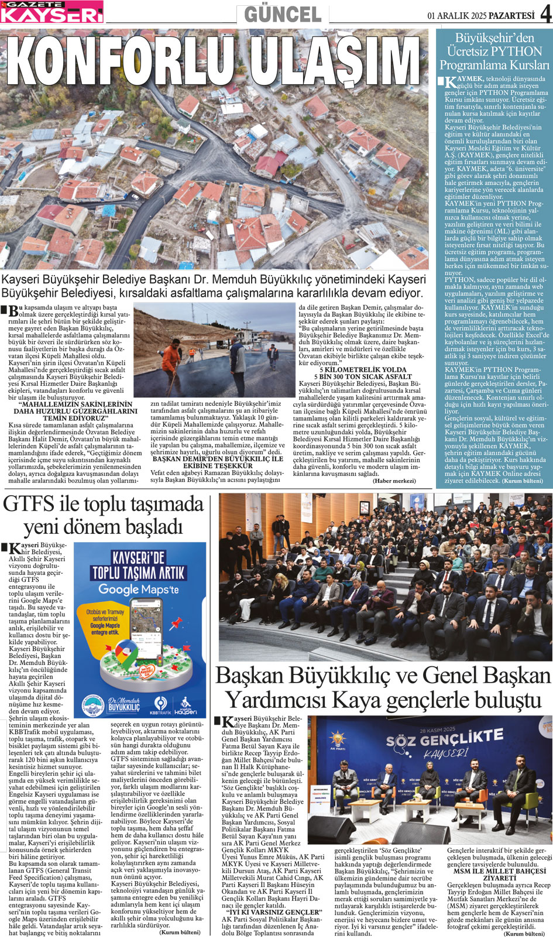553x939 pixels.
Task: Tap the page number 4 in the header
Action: click(545, 14)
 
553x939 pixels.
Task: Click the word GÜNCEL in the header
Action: click(283, 14)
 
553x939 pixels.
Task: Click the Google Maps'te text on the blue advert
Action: click(138, 589)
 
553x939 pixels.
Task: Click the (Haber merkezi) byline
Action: click(394, 481)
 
